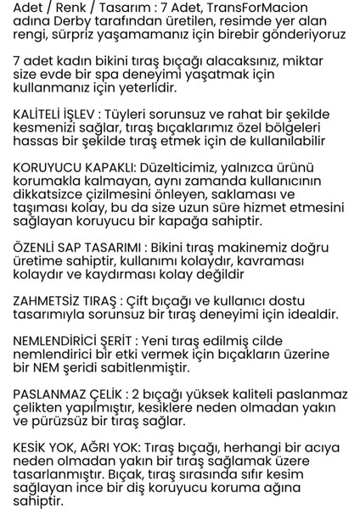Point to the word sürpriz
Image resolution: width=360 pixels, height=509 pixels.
[66, 39]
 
